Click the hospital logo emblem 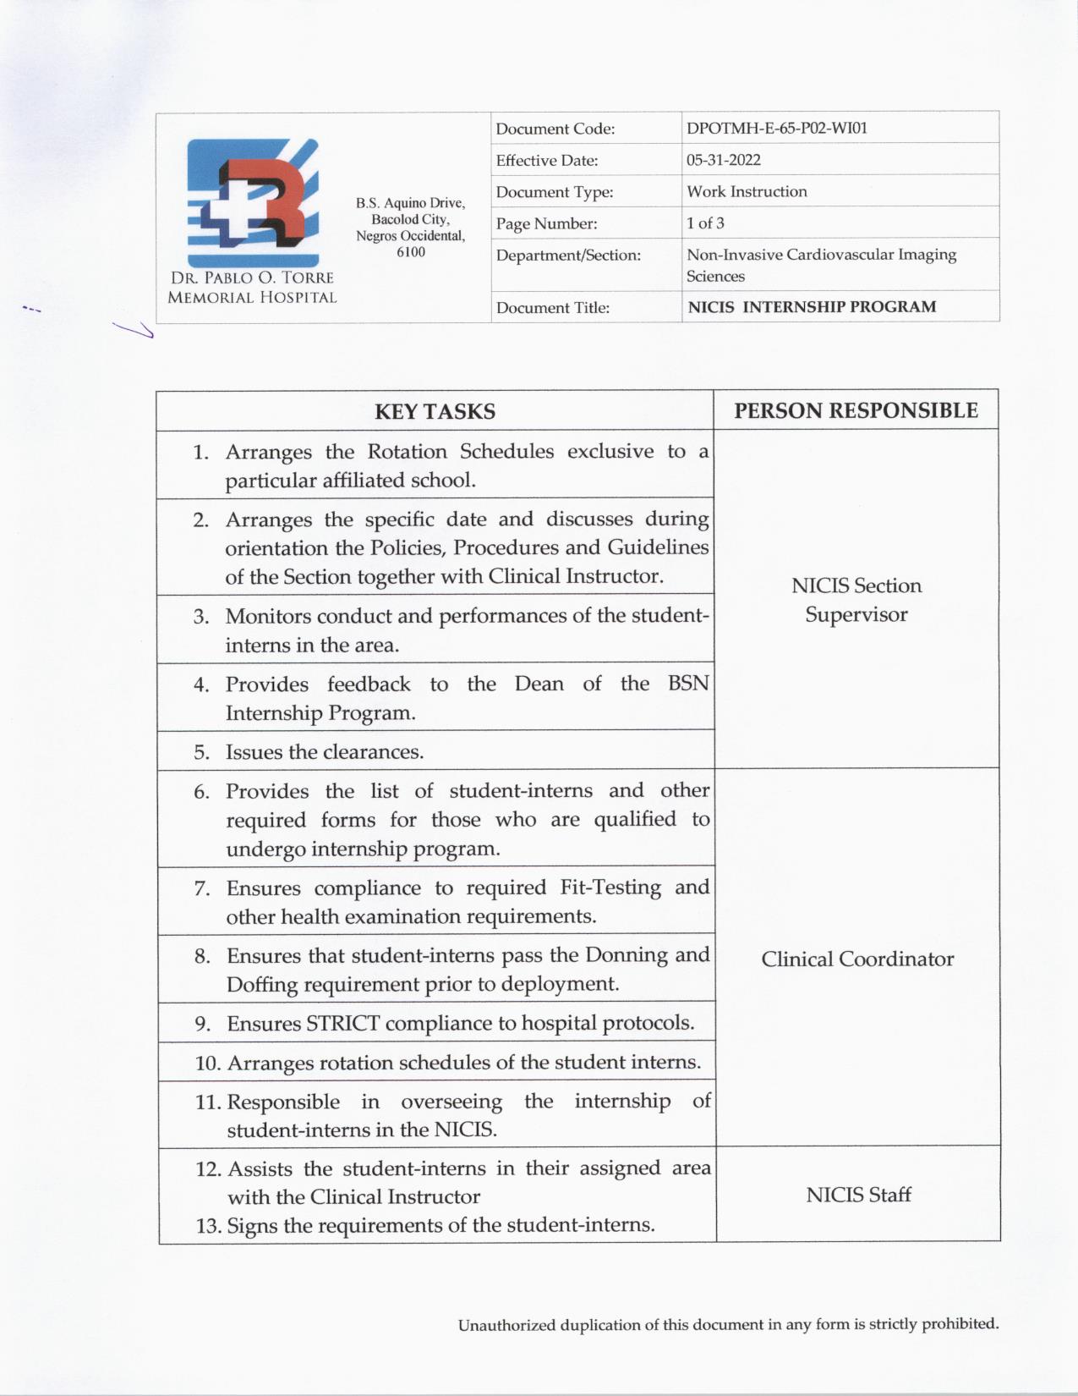253,202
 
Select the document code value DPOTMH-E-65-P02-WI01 777,129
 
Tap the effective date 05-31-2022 723,160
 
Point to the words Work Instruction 747,191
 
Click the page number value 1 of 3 705,223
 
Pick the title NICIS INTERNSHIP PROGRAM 812,307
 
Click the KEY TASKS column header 435,411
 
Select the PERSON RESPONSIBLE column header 856,410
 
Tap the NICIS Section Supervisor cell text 856,600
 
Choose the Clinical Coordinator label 857,959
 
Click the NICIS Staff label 858,1195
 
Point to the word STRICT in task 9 342,1024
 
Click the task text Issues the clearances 325,752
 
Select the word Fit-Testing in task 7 610,888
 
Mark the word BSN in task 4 688,684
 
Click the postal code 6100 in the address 411,252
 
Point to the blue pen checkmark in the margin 134,329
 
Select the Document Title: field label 552,308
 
